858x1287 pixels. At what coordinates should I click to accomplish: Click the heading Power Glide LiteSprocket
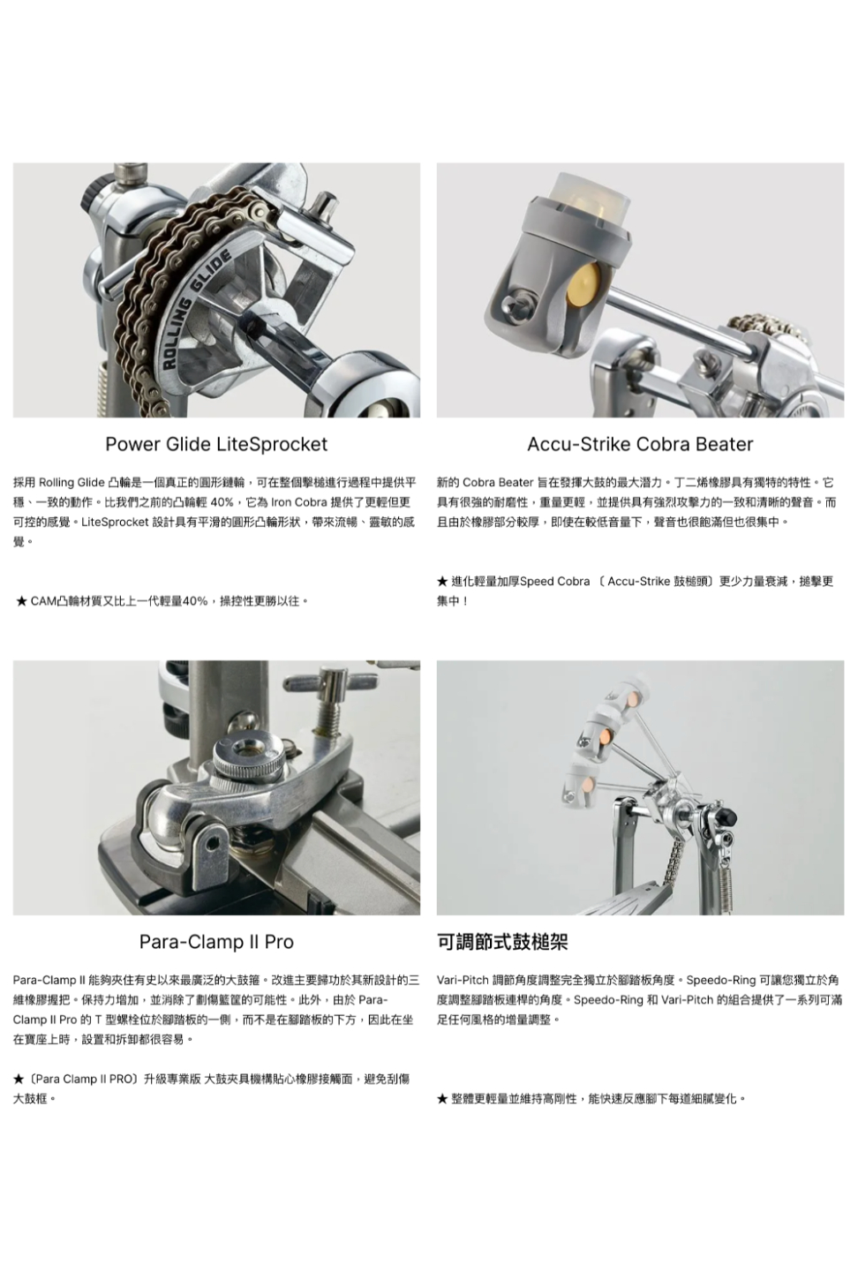coord(216,443)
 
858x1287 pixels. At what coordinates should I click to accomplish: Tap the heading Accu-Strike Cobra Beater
coord(640,443)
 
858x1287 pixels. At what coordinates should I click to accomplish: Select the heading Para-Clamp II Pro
coord(216,942)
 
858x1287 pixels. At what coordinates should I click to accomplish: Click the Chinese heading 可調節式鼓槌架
coord(502,942)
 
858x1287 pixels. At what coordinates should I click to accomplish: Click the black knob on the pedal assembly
coord(729,816)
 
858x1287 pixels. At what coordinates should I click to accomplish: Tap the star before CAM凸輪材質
coord(22,601)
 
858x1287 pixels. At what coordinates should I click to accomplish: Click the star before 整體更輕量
coord(442,1099)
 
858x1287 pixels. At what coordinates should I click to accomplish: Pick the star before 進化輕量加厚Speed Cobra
coord(442,582)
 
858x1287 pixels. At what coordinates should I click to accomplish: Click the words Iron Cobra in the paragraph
coord(299,503)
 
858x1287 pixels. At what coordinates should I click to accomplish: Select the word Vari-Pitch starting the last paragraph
coord(463,980)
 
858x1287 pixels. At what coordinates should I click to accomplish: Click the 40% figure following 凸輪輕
coord(222,503)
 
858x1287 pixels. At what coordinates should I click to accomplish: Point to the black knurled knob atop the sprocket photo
coord(93,194)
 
